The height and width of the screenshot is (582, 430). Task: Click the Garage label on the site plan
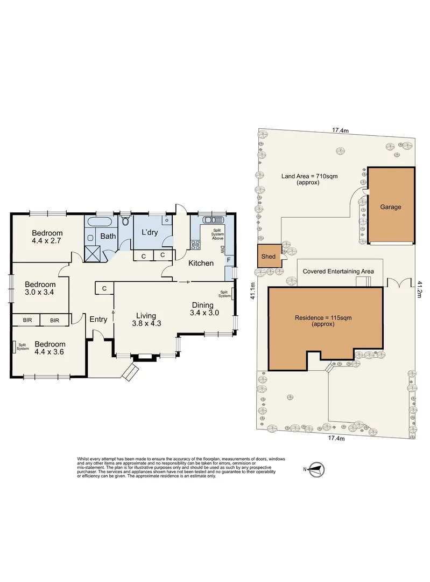pyautogui.click(x=390, y=207)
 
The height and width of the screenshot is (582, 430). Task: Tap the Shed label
pyautogui.click(x=269, y=257)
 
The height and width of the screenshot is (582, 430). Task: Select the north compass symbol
pyautogui.click(x=316, y=469)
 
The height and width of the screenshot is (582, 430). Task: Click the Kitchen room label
pyautogui.click(x=201, y=263)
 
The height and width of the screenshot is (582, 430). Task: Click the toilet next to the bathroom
pyautogui.click(x=125, y=221)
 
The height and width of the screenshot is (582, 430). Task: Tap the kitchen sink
pyautogui.click(x=213, y=219)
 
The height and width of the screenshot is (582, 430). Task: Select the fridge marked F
pyautogui.click(x=229, y=260)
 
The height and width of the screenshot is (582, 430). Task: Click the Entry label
pyautogui.click(x=98, y=319)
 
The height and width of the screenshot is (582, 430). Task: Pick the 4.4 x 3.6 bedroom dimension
pyautogui.click(x=50, y=352)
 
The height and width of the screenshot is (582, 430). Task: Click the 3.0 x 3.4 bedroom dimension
pyautogui.click(x=39, y=292)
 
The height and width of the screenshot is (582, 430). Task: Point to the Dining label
pyautogui.click(x=202, y=305)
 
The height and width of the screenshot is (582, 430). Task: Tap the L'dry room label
pyautogui.click(x=150, y=233)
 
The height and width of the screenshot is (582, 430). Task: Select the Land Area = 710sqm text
pyautogui.click(x=309, y=176)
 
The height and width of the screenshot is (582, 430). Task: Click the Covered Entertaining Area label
pyautogui.click(x=338, y=271)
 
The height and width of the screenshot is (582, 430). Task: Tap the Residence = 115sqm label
pyautogui.click(x=323, y=318)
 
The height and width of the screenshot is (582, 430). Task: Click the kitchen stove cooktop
pyautogui.click(x=195, y=245)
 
